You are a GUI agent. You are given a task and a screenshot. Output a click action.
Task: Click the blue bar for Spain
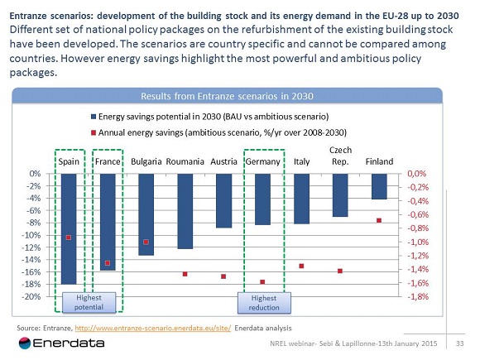68,228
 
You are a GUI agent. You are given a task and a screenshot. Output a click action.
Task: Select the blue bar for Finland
379,186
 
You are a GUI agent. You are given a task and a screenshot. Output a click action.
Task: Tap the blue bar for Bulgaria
146,214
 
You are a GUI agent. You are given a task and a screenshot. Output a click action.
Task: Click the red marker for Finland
379,220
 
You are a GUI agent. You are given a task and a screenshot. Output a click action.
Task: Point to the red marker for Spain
69,238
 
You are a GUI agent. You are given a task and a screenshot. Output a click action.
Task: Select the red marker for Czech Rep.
340,271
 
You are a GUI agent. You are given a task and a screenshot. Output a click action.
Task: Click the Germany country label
262,161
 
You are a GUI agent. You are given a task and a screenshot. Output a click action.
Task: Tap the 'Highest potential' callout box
89,302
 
